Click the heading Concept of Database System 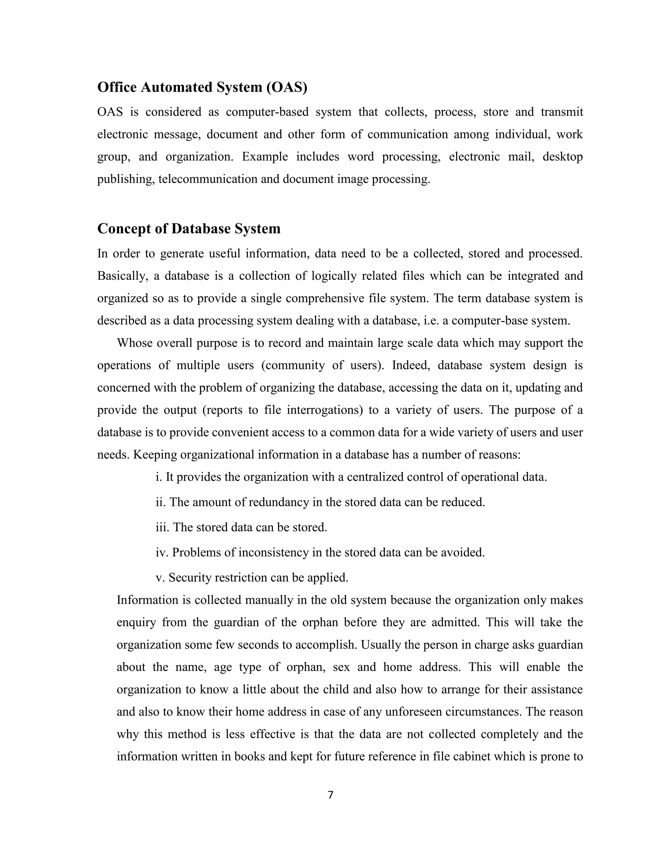[x=189, y=229]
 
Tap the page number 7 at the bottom [x=330, y=795]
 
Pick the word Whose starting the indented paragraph [x=134, y=343]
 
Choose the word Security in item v [x=189, y=578]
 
